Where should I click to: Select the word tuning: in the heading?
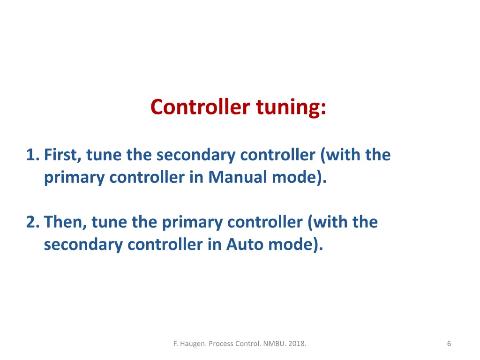291,107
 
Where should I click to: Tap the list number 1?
32,155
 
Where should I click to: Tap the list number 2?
33,222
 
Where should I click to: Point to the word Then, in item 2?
65,222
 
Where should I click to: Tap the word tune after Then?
110,222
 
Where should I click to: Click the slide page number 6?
449,344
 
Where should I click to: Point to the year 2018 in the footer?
296,344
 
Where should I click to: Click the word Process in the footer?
220,344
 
